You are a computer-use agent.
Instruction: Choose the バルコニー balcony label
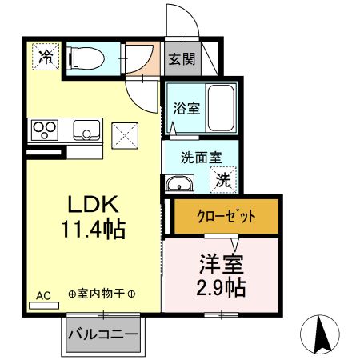pos(102,333)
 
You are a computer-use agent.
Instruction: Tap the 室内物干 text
pos(102,294)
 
